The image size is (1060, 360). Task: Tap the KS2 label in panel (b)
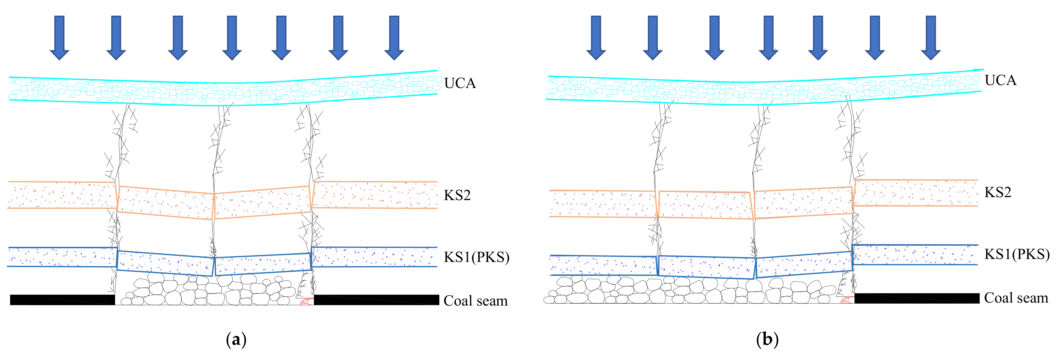pyautogui.click(x=997, y=192)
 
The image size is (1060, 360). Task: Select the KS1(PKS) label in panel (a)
pyautogui.click(x=476, y=257)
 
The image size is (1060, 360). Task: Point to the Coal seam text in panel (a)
pyautogui.click(x=475, y=301)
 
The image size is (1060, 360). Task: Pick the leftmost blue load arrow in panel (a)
pyautogui.click(x=60, y=37)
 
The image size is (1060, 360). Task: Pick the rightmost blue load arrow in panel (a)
pyautogui.click(x=394, y=37)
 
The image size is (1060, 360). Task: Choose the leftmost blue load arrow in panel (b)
pyautogui.click(x=596, y=37)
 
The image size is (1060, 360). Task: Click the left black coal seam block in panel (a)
pyautogui.click(x=62, y=300)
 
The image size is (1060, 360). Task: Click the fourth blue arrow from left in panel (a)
pyautogui.click(x=232, y=37)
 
